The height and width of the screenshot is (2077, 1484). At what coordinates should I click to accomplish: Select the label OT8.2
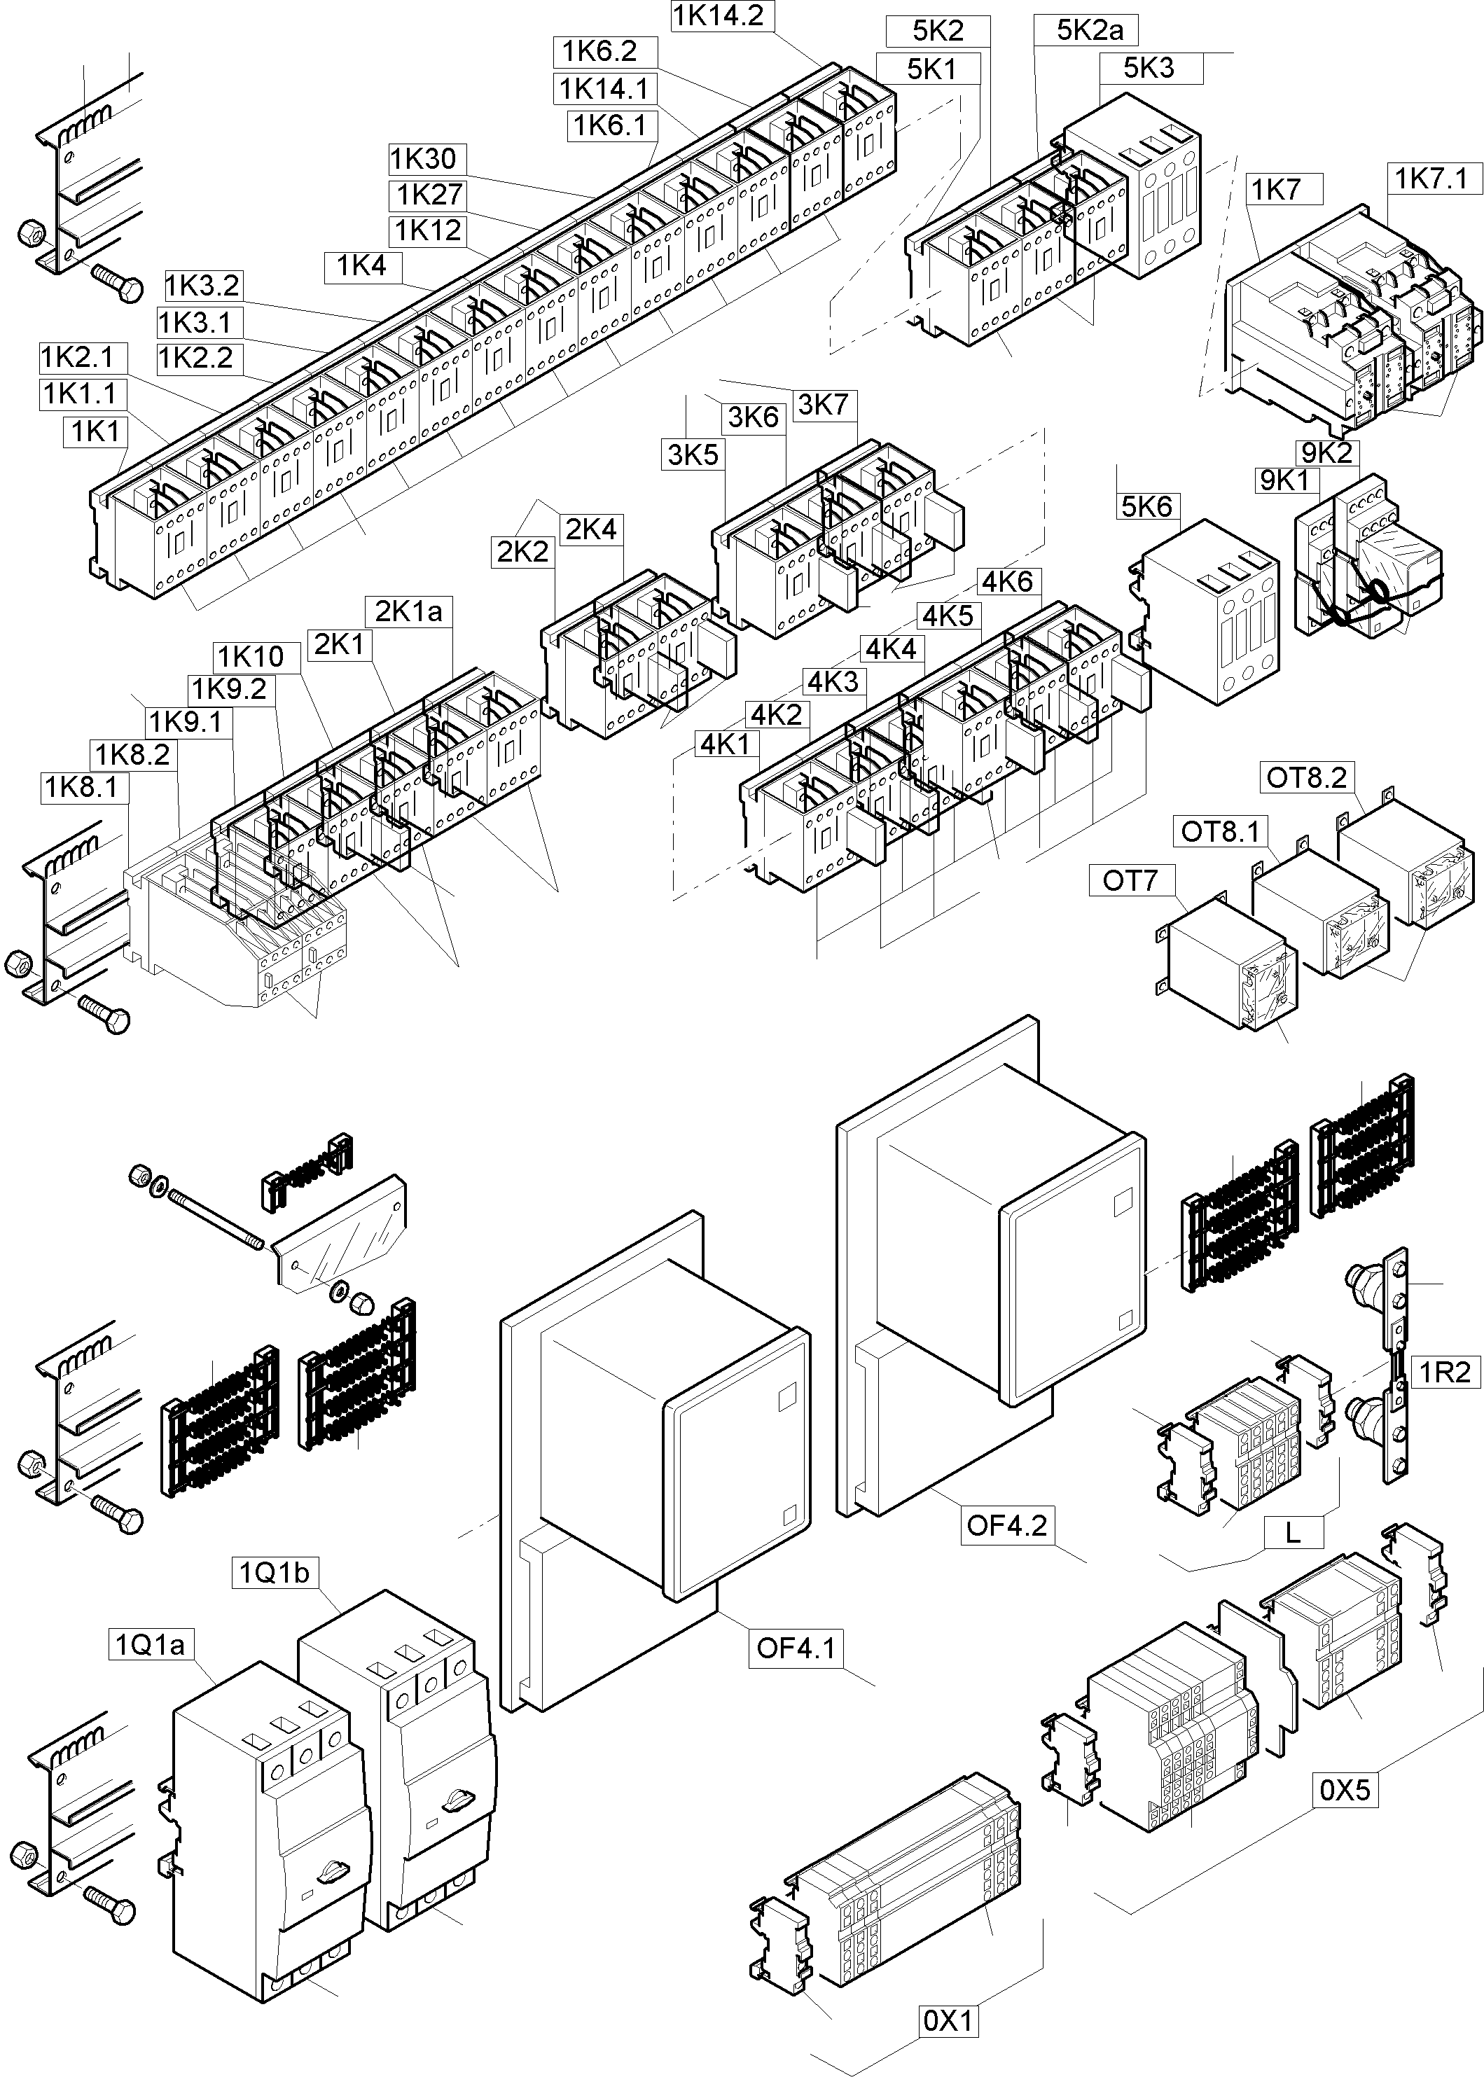tap(1307, 777)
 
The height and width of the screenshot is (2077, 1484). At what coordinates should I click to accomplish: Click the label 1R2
tap(1445, 1372)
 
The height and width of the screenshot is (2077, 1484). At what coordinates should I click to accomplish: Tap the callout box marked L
tap(1293, 1532)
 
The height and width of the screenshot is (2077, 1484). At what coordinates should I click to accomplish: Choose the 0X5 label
tap(1346, 1789)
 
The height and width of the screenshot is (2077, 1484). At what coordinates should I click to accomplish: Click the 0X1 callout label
tap(948, 2020)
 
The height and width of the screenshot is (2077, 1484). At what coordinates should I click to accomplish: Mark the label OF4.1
tap(796, 1648)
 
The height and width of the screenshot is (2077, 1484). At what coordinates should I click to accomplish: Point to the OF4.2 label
tap(1006, 1524)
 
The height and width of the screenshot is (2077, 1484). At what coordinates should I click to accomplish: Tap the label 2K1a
tap(408, 611)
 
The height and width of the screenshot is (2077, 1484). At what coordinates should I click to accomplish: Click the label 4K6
tap(1007, 581)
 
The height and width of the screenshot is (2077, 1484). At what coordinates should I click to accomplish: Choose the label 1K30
tap(423, 159)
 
